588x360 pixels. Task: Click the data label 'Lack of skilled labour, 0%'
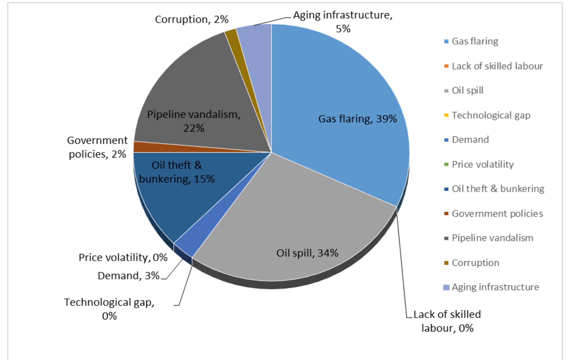pos(447,321)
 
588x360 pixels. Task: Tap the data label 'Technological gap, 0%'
pos(109,309)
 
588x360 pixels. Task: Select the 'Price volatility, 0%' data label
pos(123,258)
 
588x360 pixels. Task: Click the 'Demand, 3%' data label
pos(128,275)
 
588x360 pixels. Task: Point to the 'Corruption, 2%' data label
pos(192,20)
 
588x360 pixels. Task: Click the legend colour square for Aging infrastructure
pos(446,287)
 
